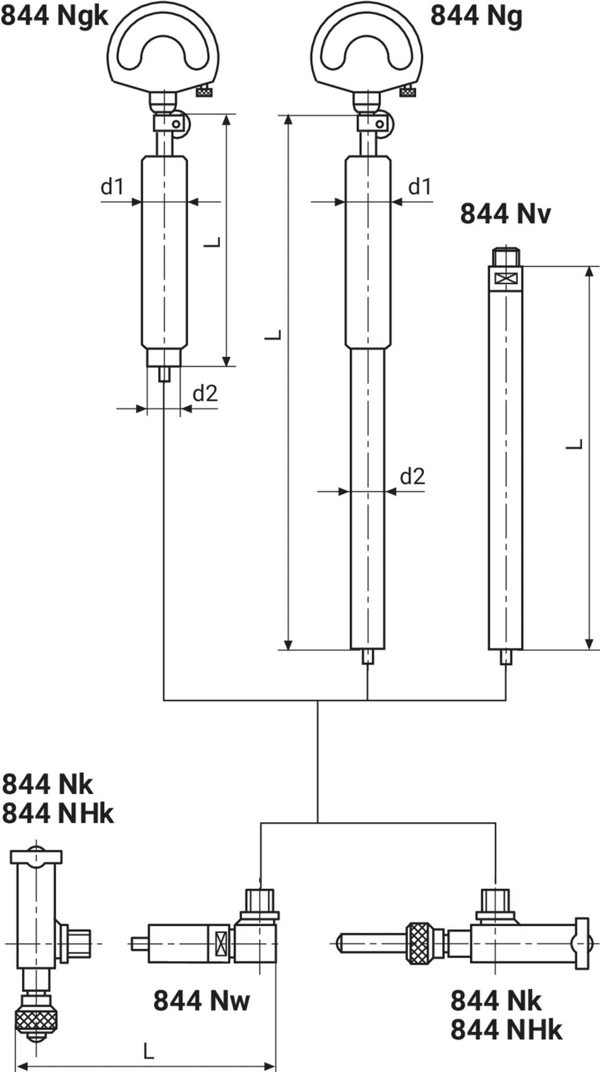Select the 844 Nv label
point(505,214)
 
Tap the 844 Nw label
point(201,1001)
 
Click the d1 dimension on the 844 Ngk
point(112,186)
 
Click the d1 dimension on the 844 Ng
point(419,186)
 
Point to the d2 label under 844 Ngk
point(205,393)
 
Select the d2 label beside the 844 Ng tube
point(412,476)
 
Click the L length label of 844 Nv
point(574,444)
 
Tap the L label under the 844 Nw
point(148,1051)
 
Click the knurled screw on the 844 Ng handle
point(408,92)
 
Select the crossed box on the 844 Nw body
point(222,943)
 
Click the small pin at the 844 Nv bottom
point(505,657)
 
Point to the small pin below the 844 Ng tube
point(368,657)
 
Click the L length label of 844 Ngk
point(215,241)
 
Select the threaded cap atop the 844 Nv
point(505,257)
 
